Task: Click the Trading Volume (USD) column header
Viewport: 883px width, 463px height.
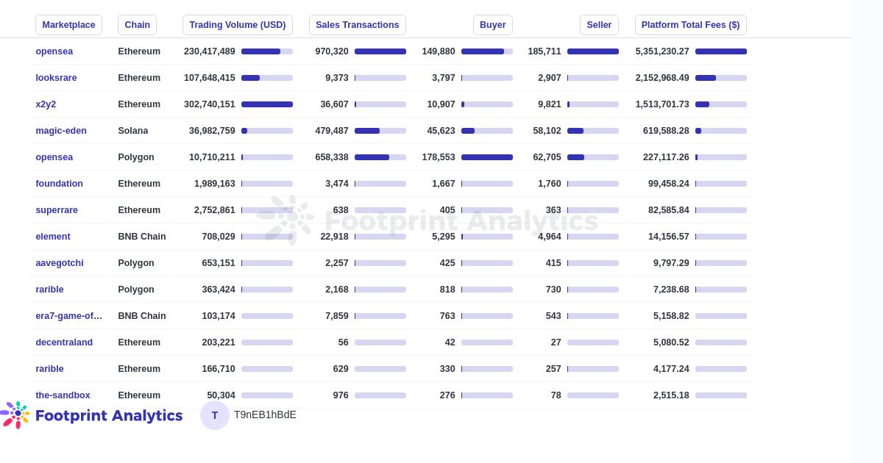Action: [237, 25]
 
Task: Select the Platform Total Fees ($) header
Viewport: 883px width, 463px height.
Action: [690, 25]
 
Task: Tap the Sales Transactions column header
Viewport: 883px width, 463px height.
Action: [357, 25]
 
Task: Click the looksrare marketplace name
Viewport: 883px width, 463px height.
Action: [56, 78]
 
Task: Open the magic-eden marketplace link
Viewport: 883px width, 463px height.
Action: [61, 131]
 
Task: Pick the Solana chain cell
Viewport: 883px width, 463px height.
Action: [133, 131]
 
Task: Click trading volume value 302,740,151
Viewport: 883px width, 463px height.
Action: [210, 104]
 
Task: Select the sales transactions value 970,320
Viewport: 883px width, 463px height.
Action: [332, 51]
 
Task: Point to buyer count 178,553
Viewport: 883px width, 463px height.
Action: [439, 157]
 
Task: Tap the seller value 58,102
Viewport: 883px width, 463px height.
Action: [547, 131]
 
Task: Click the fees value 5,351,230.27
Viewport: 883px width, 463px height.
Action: [662, 51]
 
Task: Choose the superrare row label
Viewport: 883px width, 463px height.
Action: [57, 210]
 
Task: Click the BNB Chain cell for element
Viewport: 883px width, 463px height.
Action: [142, 237]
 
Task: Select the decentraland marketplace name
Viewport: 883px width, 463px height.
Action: [64, 342]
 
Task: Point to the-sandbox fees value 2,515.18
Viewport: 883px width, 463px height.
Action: [671, 395]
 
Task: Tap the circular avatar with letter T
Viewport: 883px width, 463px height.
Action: [215, 415]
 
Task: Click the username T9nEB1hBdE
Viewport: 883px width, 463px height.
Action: [265, 415]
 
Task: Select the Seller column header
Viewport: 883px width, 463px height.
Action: [599, 25]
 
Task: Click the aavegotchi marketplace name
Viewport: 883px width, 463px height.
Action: [60, 263]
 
